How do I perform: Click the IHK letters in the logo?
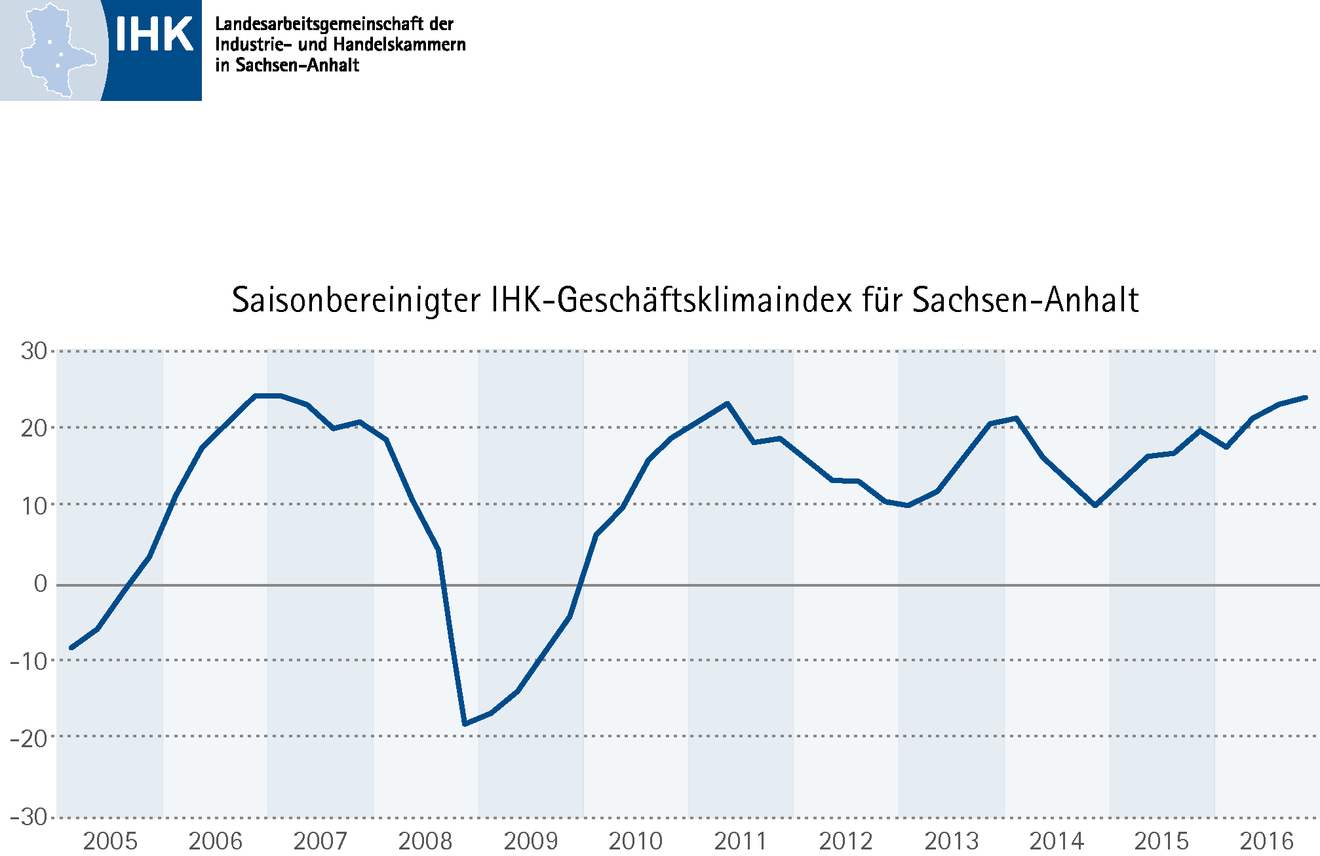154,34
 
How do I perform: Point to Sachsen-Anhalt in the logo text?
297,65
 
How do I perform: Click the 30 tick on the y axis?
34,351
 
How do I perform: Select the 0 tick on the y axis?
41,583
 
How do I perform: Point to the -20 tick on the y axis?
29,739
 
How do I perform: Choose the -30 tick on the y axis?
29,817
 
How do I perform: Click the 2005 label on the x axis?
110,841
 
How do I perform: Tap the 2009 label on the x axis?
531,841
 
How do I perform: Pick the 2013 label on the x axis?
951,841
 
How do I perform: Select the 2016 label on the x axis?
1266,841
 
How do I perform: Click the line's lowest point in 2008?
465,724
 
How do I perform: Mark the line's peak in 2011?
727,404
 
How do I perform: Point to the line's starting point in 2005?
71,648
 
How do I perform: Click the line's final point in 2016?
1306,397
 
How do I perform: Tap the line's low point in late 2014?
1095,505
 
